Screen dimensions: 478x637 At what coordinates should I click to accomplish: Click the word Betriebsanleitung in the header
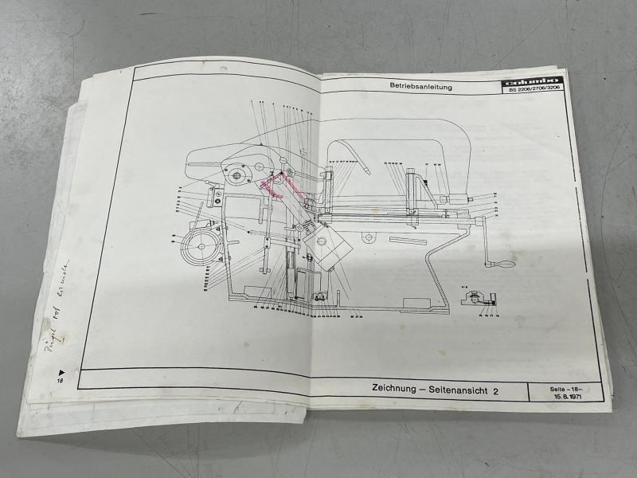point(420,86)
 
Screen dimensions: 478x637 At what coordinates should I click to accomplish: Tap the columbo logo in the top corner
point(531,81)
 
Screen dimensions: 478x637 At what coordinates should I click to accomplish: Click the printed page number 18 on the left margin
point(59,382)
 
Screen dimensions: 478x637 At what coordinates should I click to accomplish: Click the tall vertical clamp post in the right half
point(412,194)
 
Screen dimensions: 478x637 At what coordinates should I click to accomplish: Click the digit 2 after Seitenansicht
point(495,391)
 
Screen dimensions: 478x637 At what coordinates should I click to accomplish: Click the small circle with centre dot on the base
point(367,236)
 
